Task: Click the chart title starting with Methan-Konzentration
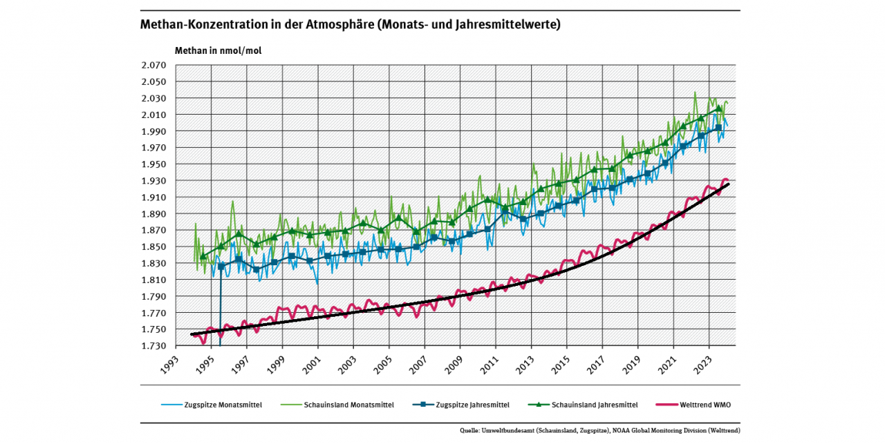click(350, 25)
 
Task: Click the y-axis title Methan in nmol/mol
click(218, 50)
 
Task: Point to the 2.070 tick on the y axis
click(154, 65)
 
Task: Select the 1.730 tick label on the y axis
click(154, 346)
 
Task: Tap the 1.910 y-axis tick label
click(154, 197)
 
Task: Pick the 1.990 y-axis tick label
click(154, 131)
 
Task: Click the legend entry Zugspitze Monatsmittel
click(222, 405)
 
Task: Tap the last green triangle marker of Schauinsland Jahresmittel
click(718, 108)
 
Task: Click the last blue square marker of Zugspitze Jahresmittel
click(718, 128)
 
